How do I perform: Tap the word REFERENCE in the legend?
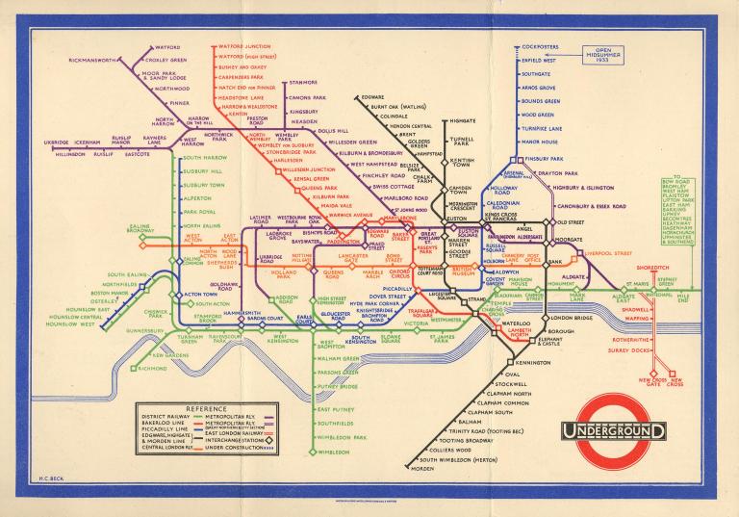coord(187,409)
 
